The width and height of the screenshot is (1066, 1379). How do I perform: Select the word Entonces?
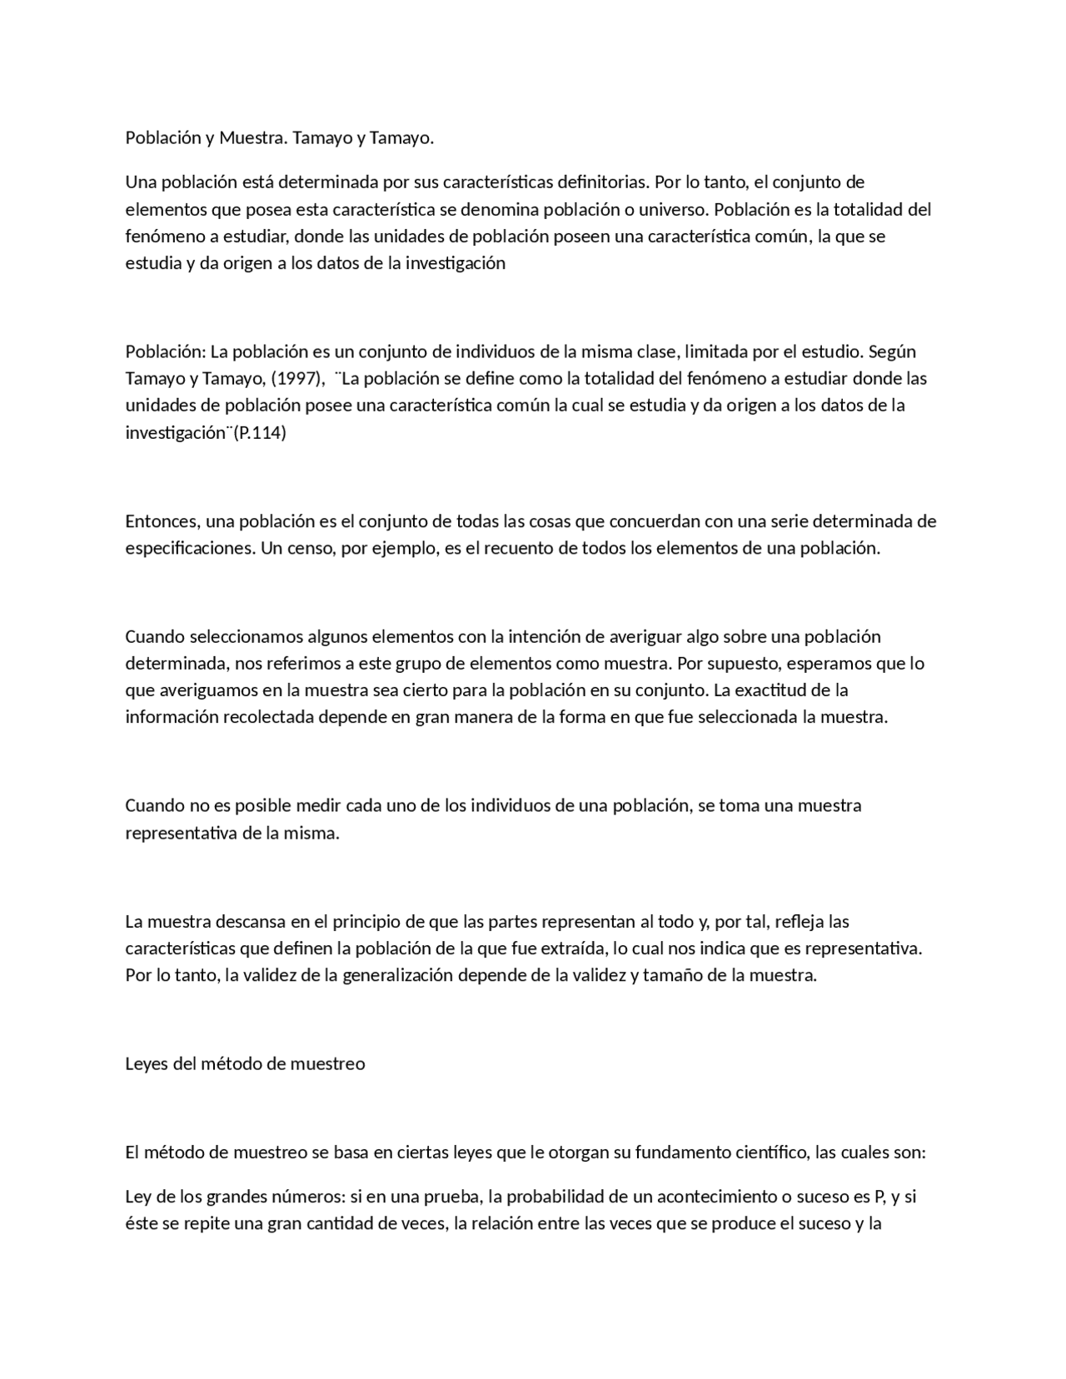click(x=162, y=521)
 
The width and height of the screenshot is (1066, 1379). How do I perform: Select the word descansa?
click(x=251, y=922)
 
